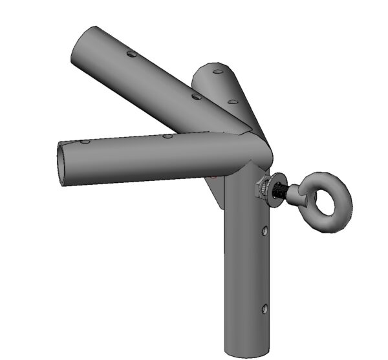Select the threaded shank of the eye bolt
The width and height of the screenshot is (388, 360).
coord(280,193)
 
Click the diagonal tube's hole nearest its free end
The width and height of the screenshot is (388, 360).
coord(131,56)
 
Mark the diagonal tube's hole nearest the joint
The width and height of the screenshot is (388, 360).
coord(196,96)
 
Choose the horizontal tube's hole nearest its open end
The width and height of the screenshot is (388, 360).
coord(85,141)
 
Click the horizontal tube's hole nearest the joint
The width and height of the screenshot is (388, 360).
coord(167,136)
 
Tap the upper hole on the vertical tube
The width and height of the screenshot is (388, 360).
coord(264,230)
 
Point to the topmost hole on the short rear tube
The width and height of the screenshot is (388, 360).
coord(217,70)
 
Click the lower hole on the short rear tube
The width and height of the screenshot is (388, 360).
coord(232,101)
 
